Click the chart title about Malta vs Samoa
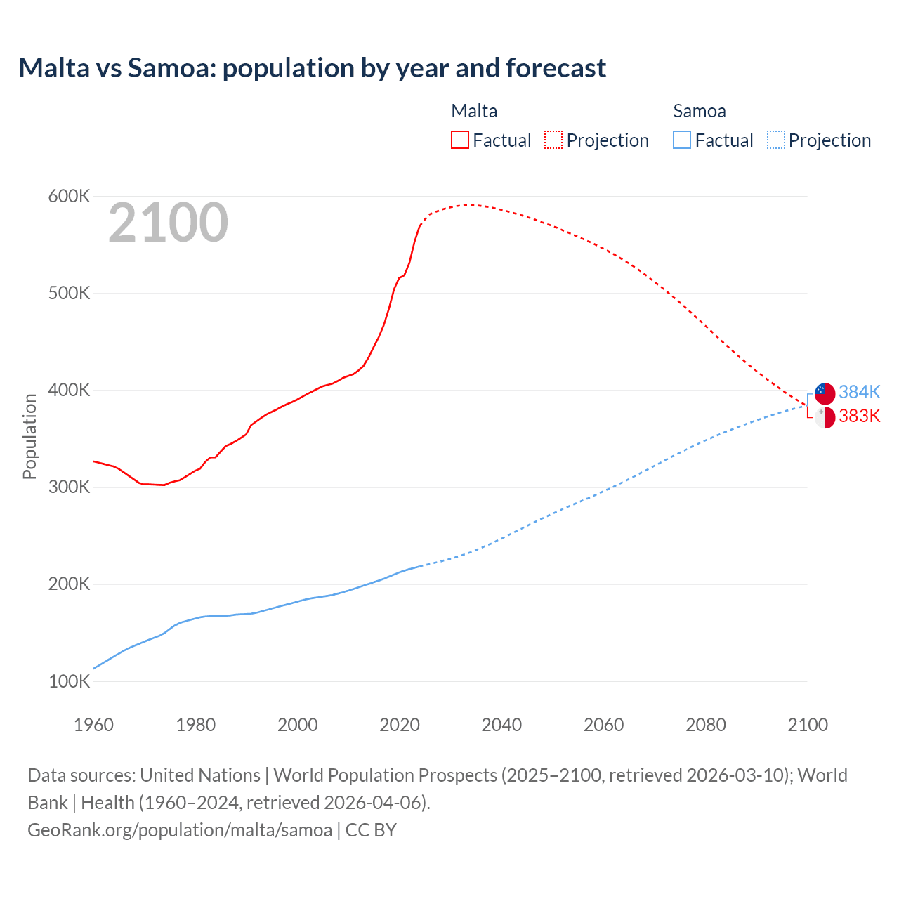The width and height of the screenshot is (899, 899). click(x=312, y=68)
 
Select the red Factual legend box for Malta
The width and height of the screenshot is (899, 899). click(x=459, y=140)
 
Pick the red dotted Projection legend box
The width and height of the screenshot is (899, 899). click(x=553, y=140)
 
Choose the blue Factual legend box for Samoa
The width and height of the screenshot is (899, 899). click(x=682, y=140)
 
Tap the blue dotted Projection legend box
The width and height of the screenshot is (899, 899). click(x=775, y=140)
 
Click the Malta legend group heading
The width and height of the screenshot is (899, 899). click(x=474, y=111)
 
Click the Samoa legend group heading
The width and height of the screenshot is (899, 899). click(x=700, y=111)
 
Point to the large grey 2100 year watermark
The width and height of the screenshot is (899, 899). click(x=168, y=223)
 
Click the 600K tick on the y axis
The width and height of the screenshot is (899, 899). click(x=69, y=197)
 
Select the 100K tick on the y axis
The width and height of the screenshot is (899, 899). click(x=69, y=681)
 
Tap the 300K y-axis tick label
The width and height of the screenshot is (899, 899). click(x=69, y=487)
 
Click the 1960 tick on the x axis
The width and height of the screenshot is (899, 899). click(x=93, y=725)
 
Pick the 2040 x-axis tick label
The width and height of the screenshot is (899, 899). click(x=501, y=725)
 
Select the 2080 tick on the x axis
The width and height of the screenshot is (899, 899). click(x=706, y=725)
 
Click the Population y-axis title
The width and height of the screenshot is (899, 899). click(x=29, y=436)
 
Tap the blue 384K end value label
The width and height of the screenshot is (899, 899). click(x=859, y=392)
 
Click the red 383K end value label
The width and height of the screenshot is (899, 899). click(x=859, y=416)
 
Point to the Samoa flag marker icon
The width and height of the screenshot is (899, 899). click(x=825, y=393)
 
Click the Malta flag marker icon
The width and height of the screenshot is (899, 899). click(x=825, y=417)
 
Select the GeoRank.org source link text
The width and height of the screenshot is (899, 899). click(x=180, y=829)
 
